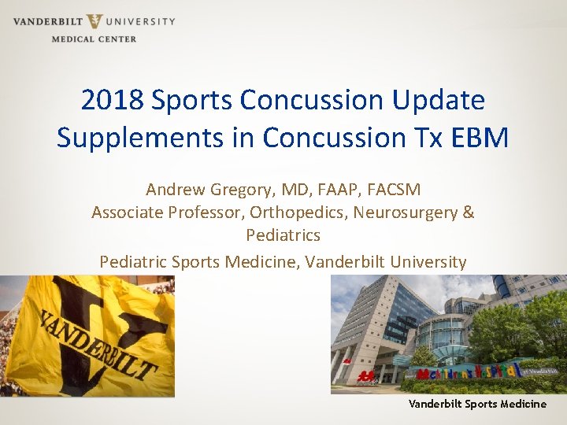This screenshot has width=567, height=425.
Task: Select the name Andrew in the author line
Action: point(176,190)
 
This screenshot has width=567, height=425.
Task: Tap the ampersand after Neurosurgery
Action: point(469,213)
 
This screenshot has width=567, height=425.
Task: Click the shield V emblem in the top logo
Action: point(94,21)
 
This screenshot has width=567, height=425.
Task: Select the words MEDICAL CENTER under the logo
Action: point(94,39)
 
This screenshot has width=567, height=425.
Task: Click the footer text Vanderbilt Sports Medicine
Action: point(476,404)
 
